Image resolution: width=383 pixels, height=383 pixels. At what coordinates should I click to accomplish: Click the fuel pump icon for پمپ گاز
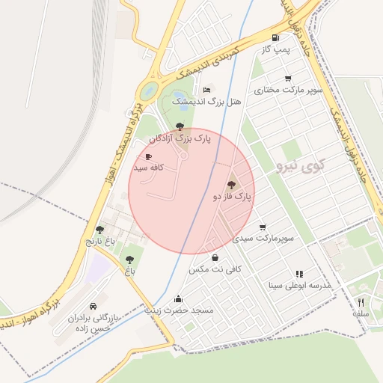[x=277, y=38]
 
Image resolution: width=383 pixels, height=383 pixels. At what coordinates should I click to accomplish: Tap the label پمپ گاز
[x=275, y=49]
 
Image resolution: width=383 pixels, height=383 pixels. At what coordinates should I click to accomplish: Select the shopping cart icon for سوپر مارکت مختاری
[x=288, y=79]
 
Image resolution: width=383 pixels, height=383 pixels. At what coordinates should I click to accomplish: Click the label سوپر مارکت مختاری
[x=288, y=90]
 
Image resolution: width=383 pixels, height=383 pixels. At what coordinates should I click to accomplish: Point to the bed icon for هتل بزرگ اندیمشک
[x=207, y=90]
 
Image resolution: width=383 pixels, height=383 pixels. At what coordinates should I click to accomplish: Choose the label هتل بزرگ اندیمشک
[x=207, y=101]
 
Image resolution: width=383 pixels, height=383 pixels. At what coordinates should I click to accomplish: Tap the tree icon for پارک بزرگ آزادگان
[x=179, y=126]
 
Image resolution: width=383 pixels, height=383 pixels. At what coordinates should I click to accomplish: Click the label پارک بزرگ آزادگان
[x=180, y=138]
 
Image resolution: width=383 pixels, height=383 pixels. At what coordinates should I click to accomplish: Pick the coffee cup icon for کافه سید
[x=148, y=157]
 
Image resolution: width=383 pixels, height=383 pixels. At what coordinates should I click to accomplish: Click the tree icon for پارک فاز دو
[x=230, y=184]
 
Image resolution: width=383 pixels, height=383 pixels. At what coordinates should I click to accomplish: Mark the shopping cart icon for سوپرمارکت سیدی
[x=263, y=227]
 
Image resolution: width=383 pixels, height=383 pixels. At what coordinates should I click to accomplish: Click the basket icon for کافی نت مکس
[x=215, y=257]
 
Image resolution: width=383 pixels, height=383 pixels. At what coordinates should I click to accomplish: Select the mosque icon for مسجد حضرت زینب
[x=178, y=298]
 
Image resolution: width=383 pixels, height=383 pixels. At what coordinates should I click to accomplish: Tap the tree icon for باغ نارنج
[x=100, y=230]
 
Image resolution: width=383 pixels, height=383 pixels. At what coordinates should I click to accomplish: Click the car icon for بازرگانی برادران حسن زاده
[x=93, y=307]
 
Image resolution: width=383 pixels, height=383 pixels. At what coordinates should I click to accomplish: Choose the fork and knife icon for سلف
[x=361, y=302]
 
